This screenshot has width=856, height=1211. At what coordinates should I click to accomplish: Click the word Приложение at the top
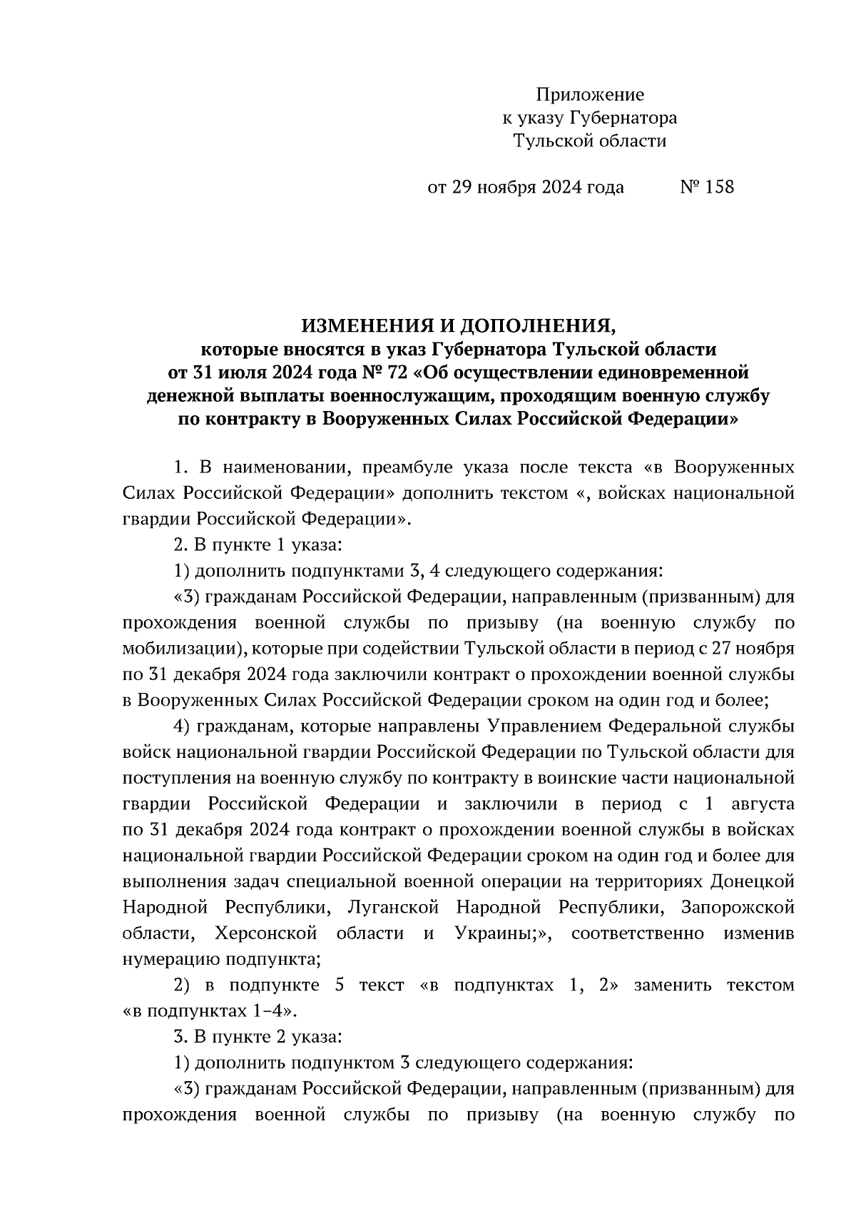589,95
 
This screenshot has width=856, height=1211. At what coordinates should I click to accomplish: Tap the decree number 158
718,188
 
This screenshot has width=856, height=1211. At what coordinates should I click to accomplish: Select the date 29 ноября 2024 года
536,188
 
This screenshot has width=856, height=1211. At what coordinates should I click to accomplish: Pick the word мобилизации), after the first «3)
183,649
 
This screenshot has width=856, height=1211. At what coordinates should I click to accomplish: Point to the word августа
763,804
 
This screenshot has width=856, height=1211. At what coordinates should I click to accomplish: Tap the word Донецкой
753,882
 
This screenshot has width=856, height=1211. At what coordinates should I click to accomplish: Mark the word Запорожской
738,908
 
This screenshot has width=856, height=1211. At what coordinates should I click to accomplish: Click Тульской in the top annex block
554,141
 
